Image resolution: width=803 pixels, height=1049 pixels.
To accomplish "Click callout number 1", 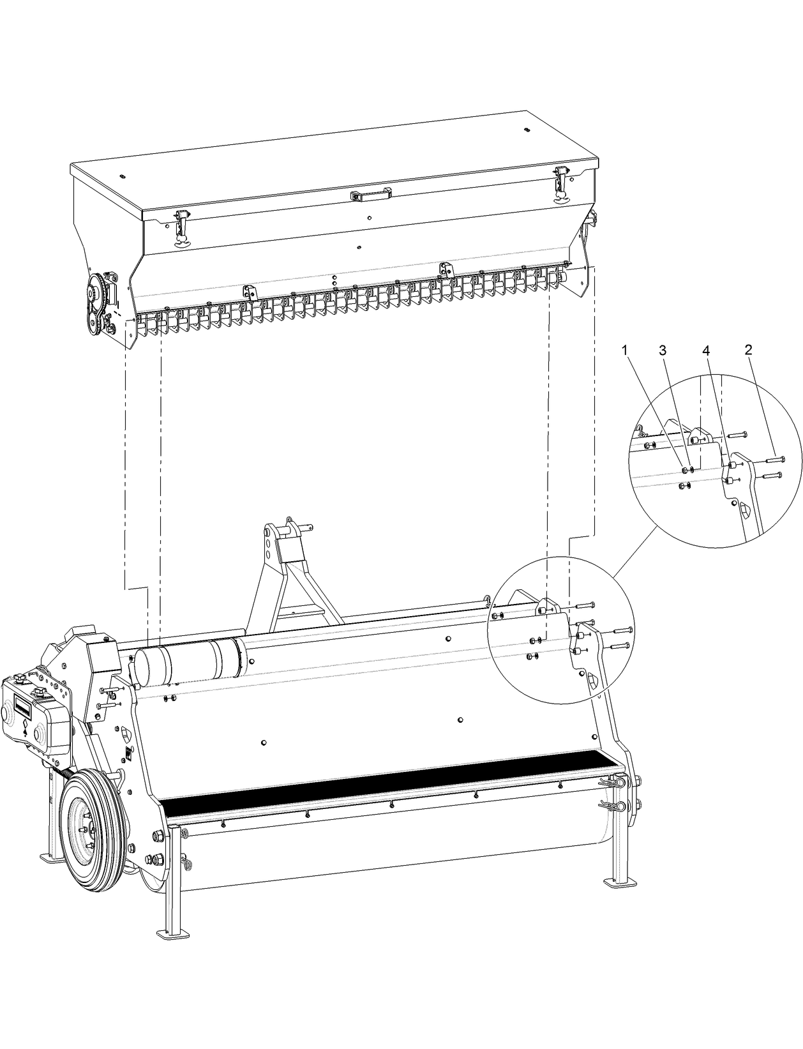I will [625, 350].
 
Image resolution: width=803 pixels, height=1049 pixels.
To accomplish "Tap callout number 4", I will [705, 351].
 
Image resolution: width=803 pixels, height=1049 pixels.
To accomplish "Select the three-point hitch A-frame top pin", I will [295, 527].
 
